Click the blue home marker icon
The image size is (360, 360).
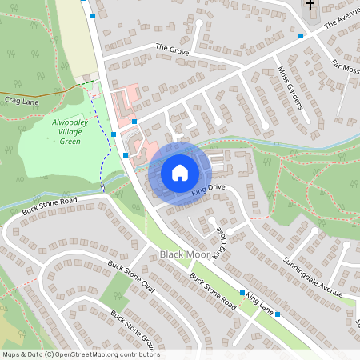click(180, 172)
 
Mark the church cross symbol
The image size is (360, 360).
click(310, 6)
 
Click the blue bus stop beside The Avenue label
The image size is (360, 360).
click(301, 35)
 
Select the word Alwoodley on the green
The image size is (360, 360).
click(70, 123)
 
